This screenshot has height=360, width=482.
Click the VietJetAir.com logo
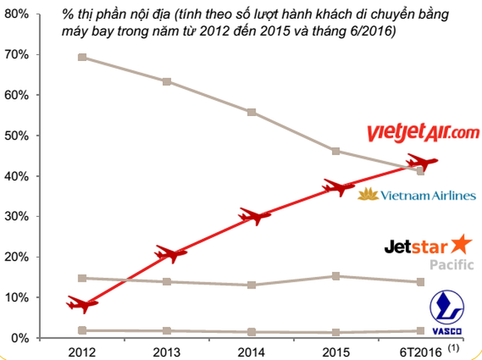pos(423,133)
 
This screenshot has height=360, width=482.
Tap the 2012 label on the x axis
pos(81,352)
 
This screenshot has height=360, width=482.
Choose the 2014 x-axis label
pos(251,352)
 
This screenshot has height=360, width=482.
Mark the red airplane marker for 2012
pos(81,304)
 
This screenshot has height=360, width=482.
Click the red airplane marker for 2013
pos(167,254)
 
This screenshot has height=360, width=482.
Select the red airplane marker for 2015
pos(336,187)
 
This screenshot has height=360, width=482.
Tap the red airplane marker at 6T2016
pos(420,162)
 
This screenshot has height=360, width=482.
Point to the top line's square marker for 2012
pos(82,57)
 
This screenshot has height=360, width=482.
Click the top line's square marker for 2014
pos(252,112)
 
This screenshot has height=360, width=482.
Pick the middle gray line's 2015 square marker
pos(336,276)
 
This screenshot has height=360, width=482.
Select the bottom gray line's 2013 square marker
pos(166,331)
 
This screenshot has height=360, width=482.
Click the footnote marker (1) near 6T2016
pos(453,348)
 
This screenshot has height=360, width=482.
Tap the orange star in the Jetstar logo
pos(461,243)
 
